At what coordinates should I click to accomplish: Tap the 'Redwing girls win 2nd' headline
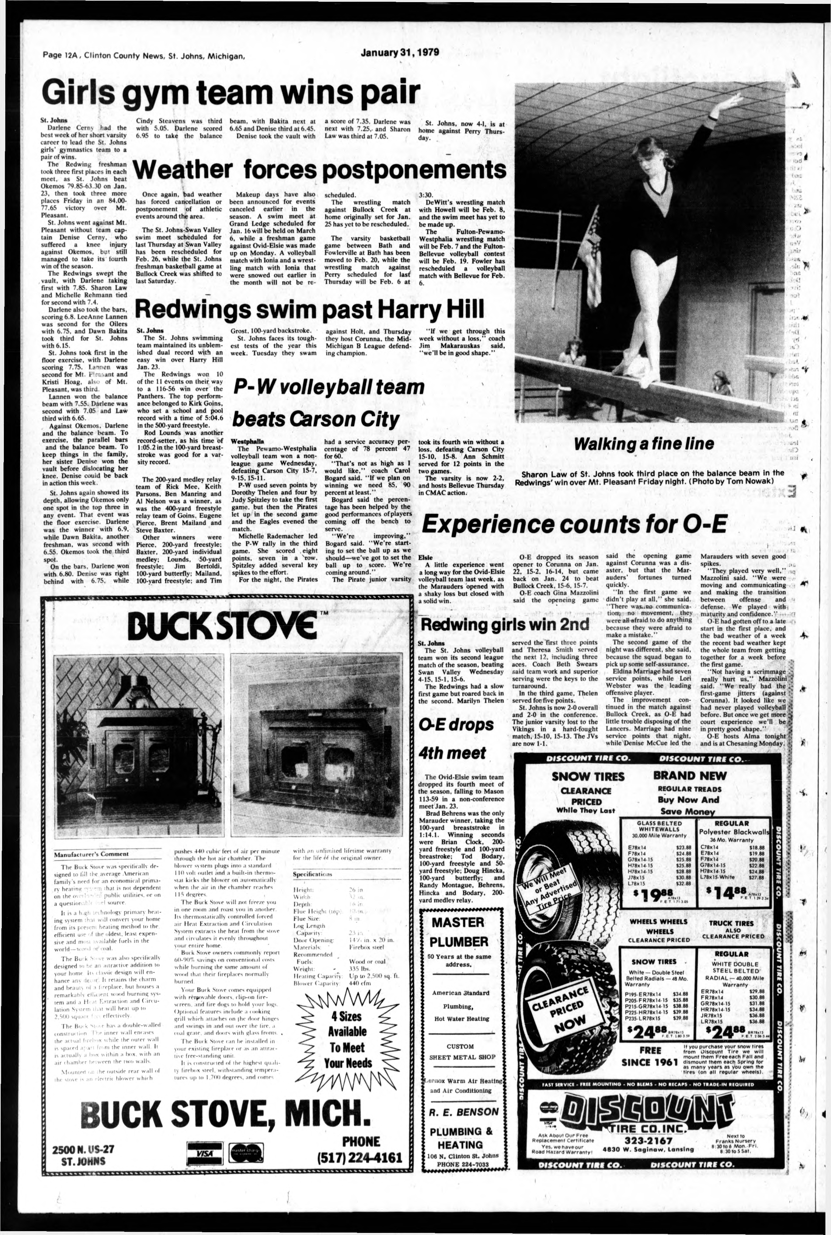503,625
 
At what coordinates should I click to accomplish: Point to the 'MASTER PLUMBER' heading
459,938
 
